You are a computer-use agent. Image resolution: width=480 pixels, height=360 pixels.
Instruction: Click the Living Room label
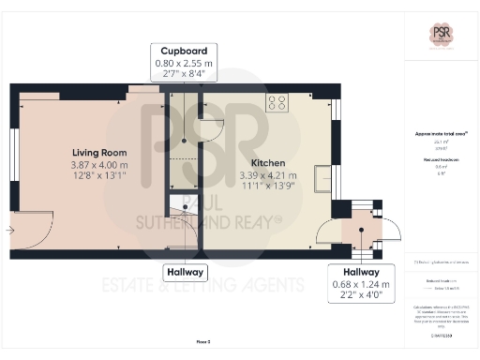(99, 153)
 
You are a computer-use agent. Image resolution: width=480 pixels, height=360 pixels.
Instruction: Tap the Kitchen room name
(262, 163)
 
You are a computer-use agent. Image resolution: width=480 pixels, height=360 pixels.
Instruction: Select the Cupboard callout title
(184, 51)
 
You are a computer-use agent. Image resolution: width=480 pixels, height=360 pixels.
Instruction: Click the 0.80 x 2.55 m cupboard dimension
(184, 63)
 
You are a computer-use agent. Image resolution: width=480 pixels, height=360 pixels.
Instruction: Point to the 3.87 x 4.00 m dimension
(99, 165)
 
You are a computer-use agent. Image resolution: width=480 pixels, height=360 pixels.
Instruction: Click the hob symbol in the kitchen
(277, 104)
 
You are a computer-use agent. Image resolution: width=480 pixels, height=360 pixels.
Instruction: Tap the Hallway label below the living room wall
(184, 273)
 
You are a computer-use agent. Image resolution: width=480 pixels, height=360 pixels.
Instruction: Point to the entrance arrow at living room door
(9, 229)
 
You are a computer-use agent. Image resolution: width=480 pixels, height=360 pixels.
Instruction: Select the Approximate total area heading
(441, 135)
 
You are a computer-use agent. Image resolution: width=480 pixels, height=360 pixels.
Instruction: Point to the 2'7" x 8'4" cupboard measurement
(184, 75)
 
